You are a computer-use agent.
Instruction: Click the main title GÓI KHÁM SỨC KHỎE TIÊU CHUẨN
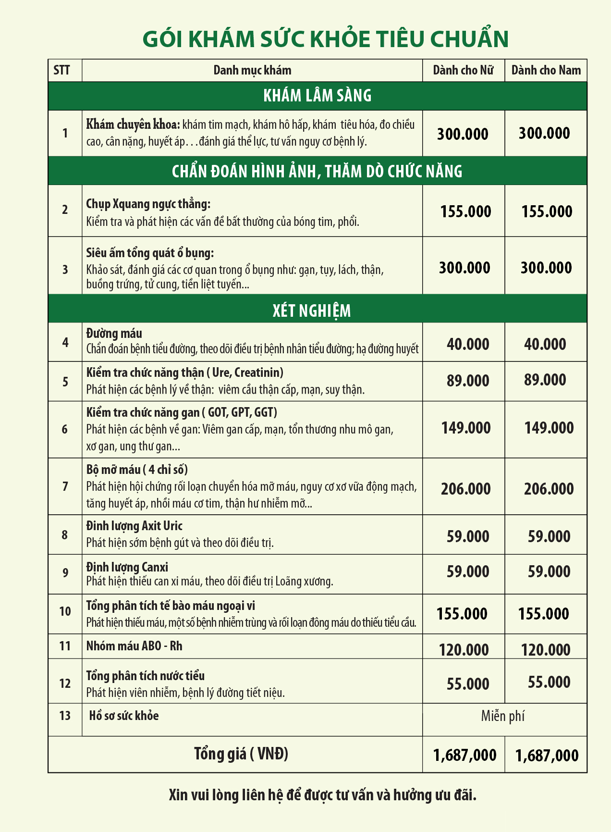pos(325,39)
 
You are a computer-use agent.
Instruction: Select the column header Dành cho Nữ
pos(463,71)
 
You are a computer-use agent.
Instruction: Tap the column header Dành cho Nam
pos(546,71)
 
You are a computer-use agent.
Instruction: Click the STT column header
pos(62,71)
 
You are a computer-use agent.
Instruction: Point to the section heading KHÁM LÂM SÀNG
pos(318,96)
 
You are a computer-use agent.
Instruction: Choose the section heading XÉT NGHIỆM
pos(312,310)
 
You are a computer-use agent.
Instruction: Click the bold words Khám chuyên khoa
pos(133,124)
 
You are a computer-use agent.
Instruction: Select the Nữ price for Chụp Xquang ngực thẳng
pos(465,211)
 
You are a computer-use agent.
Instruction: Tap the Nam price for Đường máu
pos(545,344)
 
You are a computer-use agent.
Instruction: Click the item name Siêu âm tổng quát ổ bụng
pos(150,253)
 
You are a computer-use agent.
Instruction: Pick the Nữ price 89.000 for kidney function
pos(468,381)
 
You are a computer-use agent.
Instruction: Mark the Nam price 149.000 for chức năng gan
pos(549,428)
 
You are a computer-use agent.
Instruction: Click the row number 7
pos(65,486)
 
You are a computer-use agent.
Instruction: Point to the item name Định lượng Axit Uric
pos(134,526)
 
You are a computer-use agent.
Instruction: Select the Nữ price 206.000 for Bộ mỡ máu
pos(465,489)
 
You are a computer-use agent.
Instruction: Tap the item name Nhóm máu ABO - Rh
pos(134,646)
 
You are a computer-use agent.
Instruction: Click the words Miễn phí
pos(502,716)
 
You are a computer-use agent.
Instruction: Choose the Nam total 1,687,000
pos(547,756)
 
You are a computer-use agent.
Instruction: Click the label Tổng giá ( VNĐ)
pos(241,754)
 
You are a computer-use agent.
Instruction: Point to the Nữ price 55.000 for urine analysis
pos(468,683)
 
